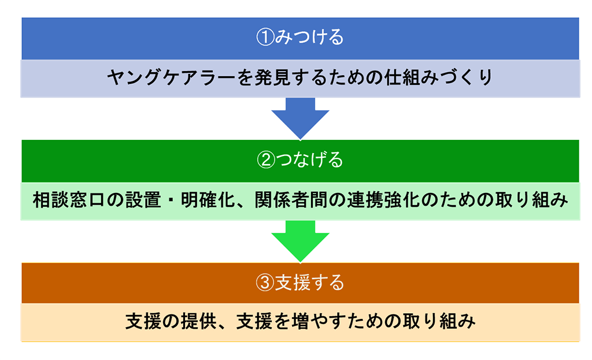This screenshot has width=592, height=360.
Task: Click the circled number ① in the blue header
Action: click(265, 38)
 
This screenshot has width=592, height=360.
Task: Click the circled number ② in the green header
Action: click(265, 160)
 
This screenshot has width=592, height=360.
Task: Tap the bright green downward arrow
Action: click(300, 240)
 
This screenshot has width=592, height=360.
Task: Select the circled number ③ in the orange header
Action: click(264, 283)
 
